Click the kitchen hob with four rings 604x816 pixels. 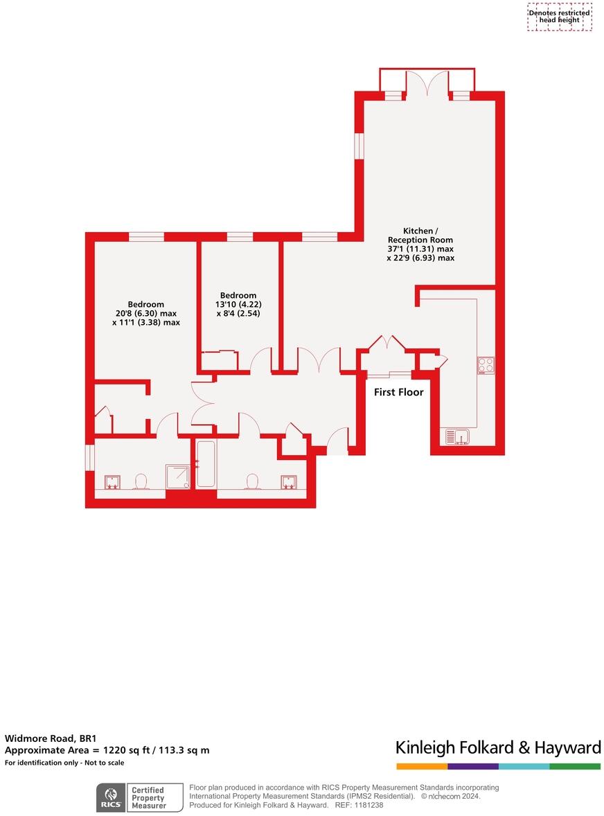coord(486,365)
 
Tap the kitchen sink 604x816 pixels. coord(457,436)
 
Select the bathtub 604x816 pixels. coord(206,464)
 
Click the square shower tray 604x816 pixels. coord(177,477)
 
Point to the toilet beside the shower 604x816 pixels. coord(142,481)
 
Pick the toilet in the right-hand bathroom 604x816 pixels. coord(252,481)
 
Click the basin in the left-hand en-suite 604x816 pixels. coord(111,481)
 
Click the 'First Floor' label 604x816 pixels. coord(398,392)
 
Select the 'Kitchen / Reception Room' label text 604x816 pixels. coord(420,235)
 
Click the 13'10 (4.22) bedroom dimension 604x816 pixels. coord(237,304)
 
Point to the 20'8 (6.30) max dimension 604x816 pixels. coord(145,313)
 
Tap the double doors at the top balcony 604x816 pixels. coord(427,83)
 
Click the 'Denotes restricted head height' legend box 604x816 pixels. coord(559,17)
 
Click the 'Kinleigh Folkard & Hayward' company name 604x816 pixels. coord(498,747)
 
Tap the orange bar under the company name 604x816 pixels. coord(422,766)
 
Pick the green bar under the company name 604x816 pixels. coord(575,766)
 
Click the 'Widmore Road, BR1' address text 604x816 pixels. coord(46,738)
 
